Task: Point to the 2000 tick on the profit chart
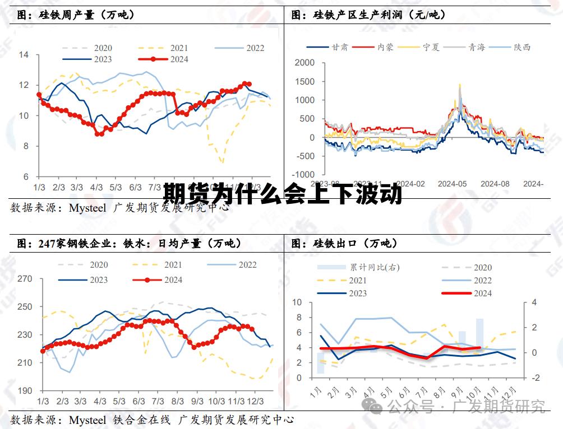[x=304, y=63]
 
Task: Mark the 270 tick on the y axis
[x=25, y=279]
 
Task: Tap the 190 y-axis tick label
[x=25, y=391]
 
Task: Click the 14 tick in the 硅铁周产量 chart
[x=24, y=55]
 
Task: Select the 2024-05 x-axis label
[x=452, y=183]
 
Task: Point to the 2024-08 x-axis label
[x=495, y=183]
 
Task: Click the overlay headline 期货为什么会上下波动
[x=283, y=195]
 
